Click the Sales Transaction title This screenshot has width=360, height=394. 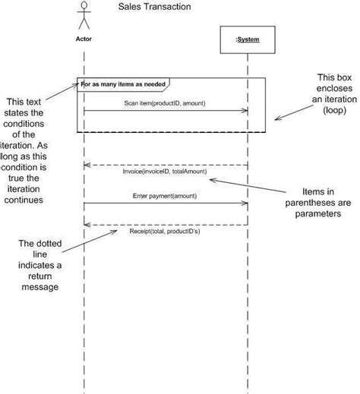point(154,7)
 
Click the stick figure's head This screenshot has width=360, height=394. point(84,7)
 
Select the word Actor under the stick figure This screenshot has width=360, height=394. point(84,36)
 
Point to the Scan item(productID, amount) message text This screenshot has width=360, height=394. point(164,102)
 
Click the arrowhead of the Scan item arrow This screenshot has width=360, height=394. point(245,112)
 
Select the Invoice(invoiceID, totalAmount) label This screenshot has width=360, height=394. point(164,172)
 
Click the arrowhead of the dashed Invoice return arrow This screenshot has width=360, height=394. point(87,164)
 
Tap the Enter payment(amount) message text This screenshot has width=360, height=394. point(165,195)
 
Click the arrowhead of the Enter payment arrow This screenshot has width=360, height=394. point(245,203)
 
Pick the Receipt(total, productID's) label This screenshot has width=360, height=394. point(165,232)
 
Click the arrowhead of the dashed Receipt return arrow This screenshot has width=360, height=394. point(87,224)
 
